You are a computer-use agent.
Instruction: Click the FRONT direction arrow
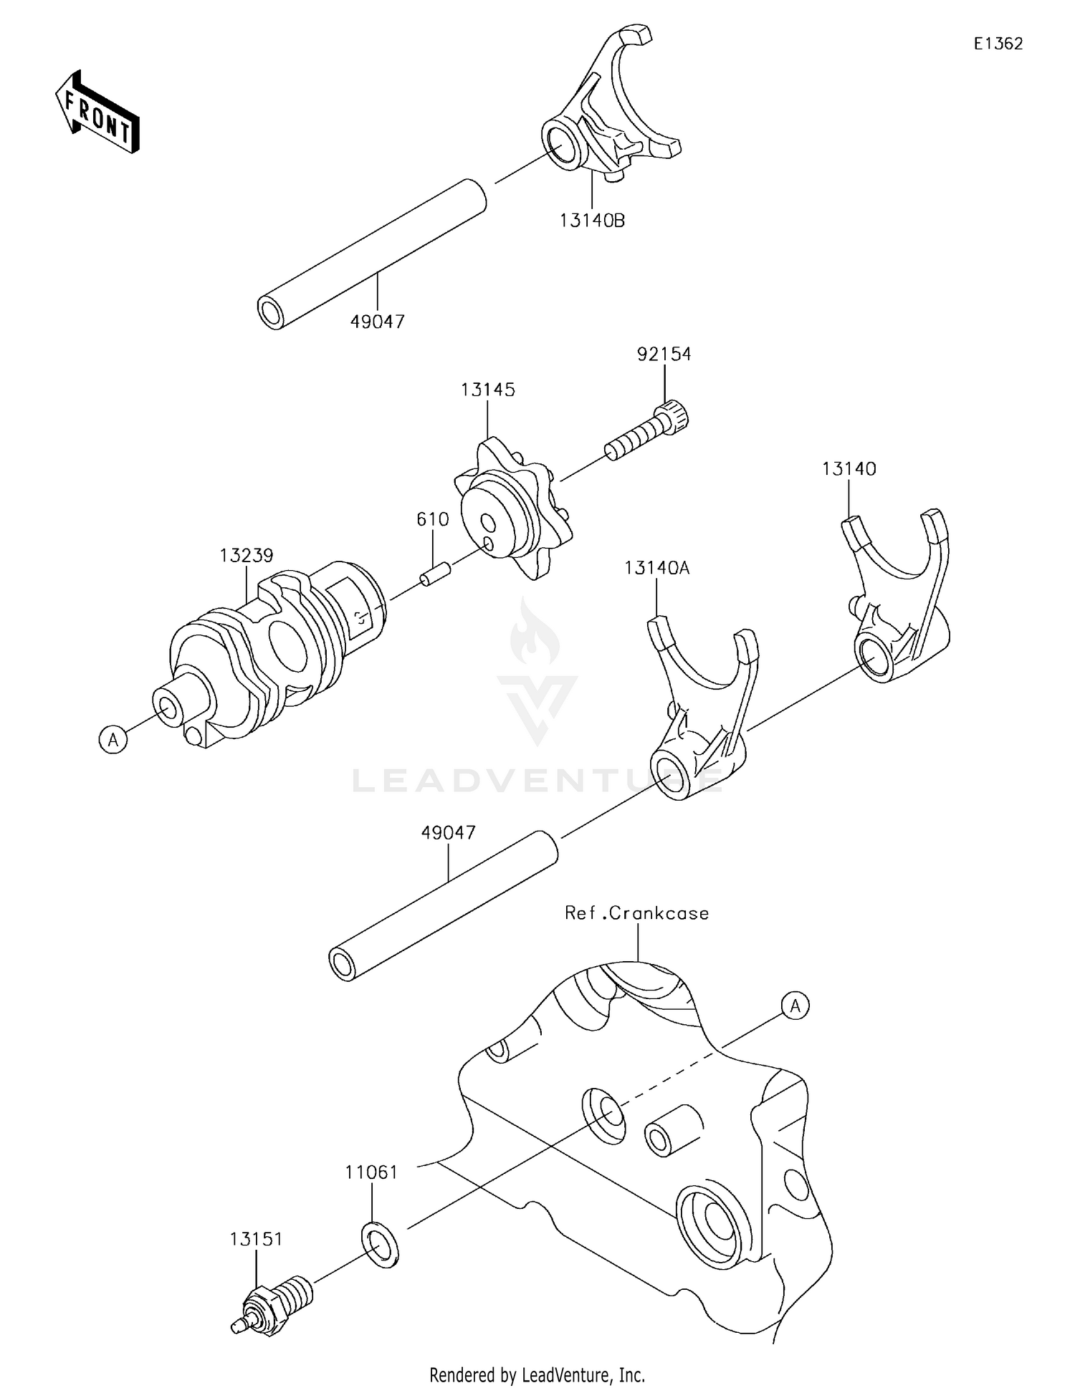click(x=97, y=113)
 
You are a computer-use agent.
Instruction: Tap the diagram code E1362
click(x=998, y=44)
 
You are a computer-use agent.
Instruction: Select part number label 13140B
click(x=592, y=221)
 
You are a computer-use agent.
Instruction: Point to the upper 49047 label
click(x=377, y=322)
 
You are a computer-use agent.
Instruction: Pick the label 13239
click(x=247, y=555)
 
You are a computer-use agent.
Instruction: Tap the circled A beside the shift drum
click(x=113, y=738)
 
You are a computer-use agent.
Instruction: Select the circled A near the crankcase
click(x=795, y=1006)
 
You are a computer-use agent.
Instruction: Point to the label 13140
click(x=849, y=469)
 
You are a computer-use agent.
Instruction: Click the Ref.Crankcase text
click(x=636, y=913)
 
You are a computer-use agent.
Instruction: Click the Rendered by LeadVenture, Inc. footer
click(x=537, y=1374)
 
